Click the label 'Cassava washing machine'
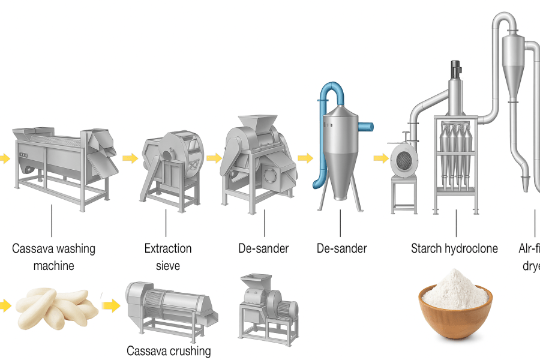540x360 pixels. [x=53, y=256]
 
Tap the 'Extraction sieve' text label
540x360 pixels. [x=168, y=256]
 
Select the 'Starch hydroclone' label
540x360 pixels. [x=454, y=248]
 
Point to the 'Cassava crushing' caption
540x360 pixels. [x=168, y=350]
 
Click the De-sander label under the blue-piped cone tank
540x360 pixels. [x=341, y=248]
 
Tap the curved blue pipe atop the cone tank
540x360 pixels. [x=328, y=96]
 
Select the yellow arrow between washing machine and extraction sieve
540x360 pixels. [x=130, y=158]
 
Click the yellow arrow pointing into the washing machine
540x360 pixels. [x=4, y=158]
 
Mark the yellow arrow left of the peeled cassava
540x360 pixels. [x=4, y=306]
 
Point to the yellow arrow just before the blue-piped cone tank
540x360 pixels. [x=305, y=158]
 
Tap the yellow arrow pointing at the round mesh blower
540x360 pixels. [x=380, y=158]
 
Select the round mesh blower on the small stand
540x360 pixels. [x=404, y=159]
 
